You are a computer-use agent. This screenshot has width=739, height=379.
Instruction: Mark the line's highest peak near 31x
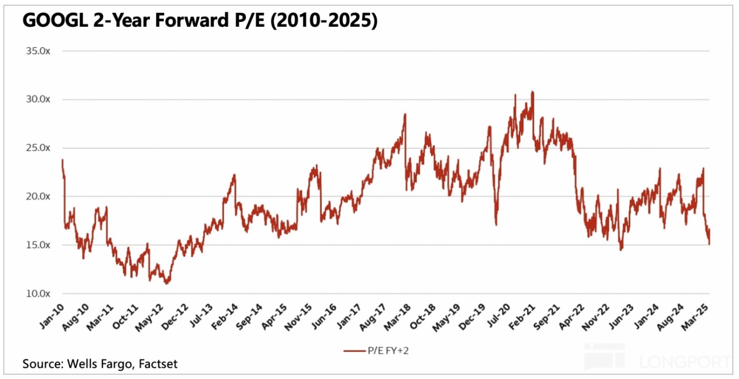pyautogui.click(x=533, y=92)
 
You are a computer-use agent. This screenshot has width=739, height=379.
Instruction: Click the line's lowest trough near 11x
pyautogui.click(x=167, y=283)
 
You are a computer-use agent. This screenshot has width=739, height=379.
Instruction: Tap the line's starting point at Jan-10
pyautogui.click(x=62, y=160)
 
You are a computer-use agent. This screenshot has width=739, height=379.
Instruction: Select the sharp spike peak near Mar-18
pyautogui.click(x=405, y=115)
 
